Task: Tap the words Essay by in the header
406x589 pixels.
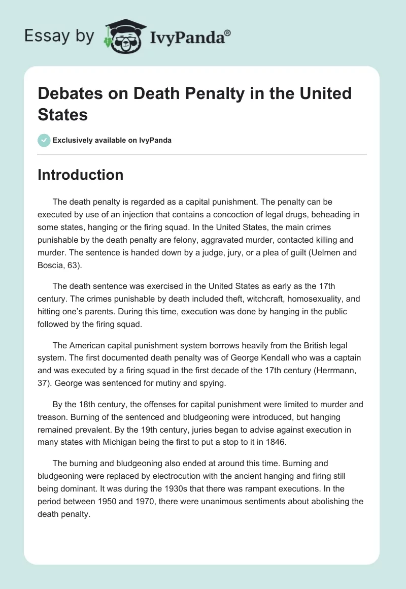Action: pos(59,36)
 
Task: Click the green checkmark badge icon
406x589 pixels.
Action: pos(44,140)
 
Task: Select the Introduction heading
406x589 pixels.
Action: pos(80,175)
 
